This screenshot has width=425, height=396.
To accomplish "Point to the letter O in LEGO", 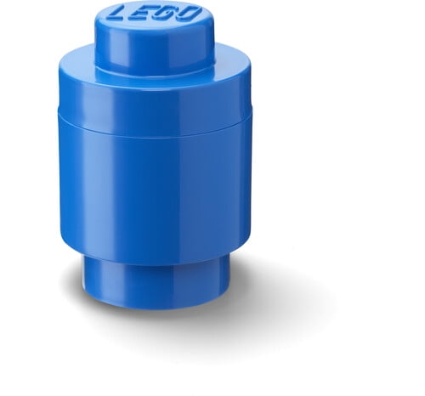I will pyautogui.click(x=189, y=14).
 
